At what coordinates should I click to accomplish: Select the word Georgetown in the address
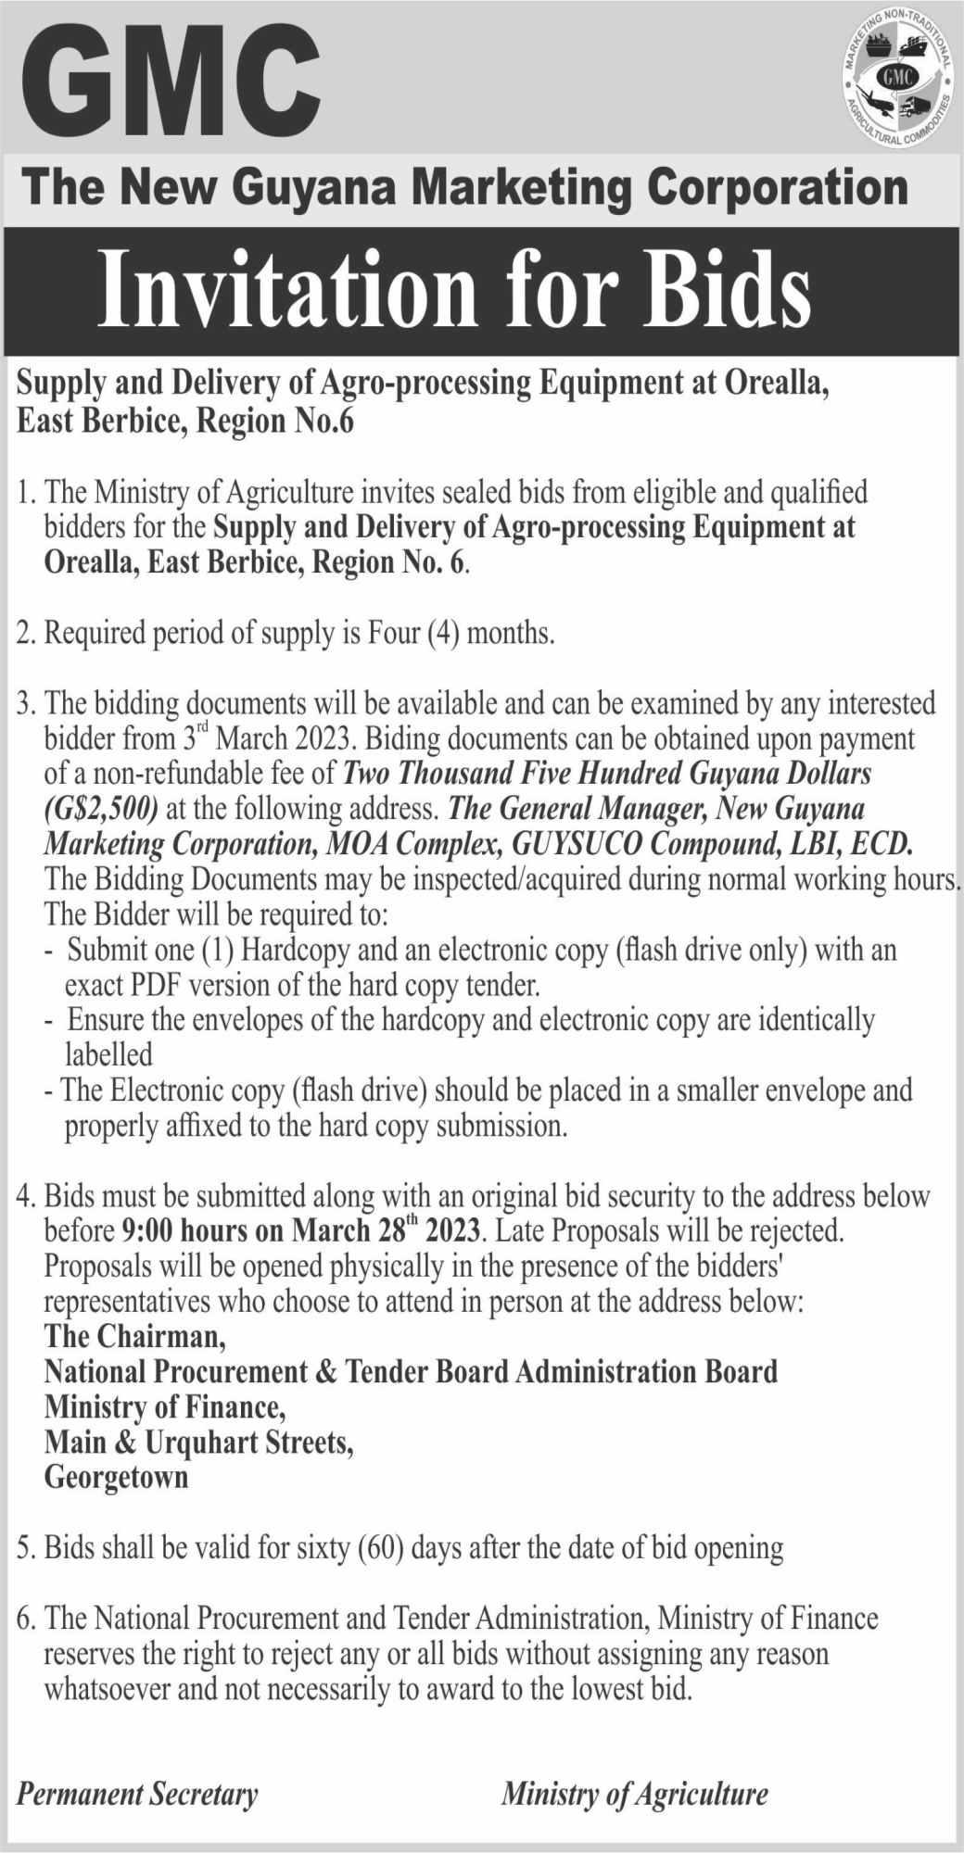117,1477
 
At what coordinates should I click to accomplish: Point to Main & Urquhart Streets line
199,1442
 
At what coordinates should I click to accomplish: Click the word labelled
108,1053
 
